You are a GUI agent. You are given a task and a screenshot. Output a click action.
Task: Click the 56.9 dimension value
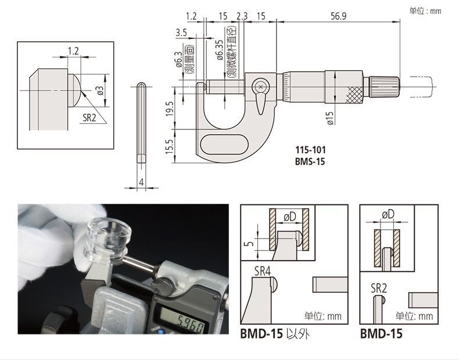(338, 16)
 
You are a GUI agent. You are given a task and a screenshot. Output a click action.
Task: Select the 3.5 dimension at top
(181, 32)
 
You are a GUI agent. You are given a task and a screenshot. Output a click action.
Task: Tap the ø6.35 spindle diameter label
(220, 50)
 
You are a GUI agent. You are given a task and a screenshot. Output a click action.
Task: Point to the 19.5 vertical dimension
(170, 109)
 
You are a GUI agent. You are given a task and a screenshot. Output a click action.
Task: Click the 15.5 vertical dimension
(170, 146)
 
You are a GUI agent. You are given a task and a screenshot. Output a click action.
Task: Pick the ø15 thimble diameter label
(330, 118)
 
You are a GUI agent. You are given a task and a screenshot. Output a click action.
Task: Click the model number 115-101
(310, 150)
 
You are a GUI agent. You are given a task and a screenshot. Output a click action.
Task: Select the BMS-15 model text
(310, 161)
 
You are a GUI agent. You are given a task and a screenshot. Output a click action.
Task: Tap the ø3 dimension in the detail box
(100, 91)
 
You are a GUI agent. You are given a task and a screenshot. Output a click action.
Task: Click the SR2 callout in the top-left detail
(89, 117)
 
